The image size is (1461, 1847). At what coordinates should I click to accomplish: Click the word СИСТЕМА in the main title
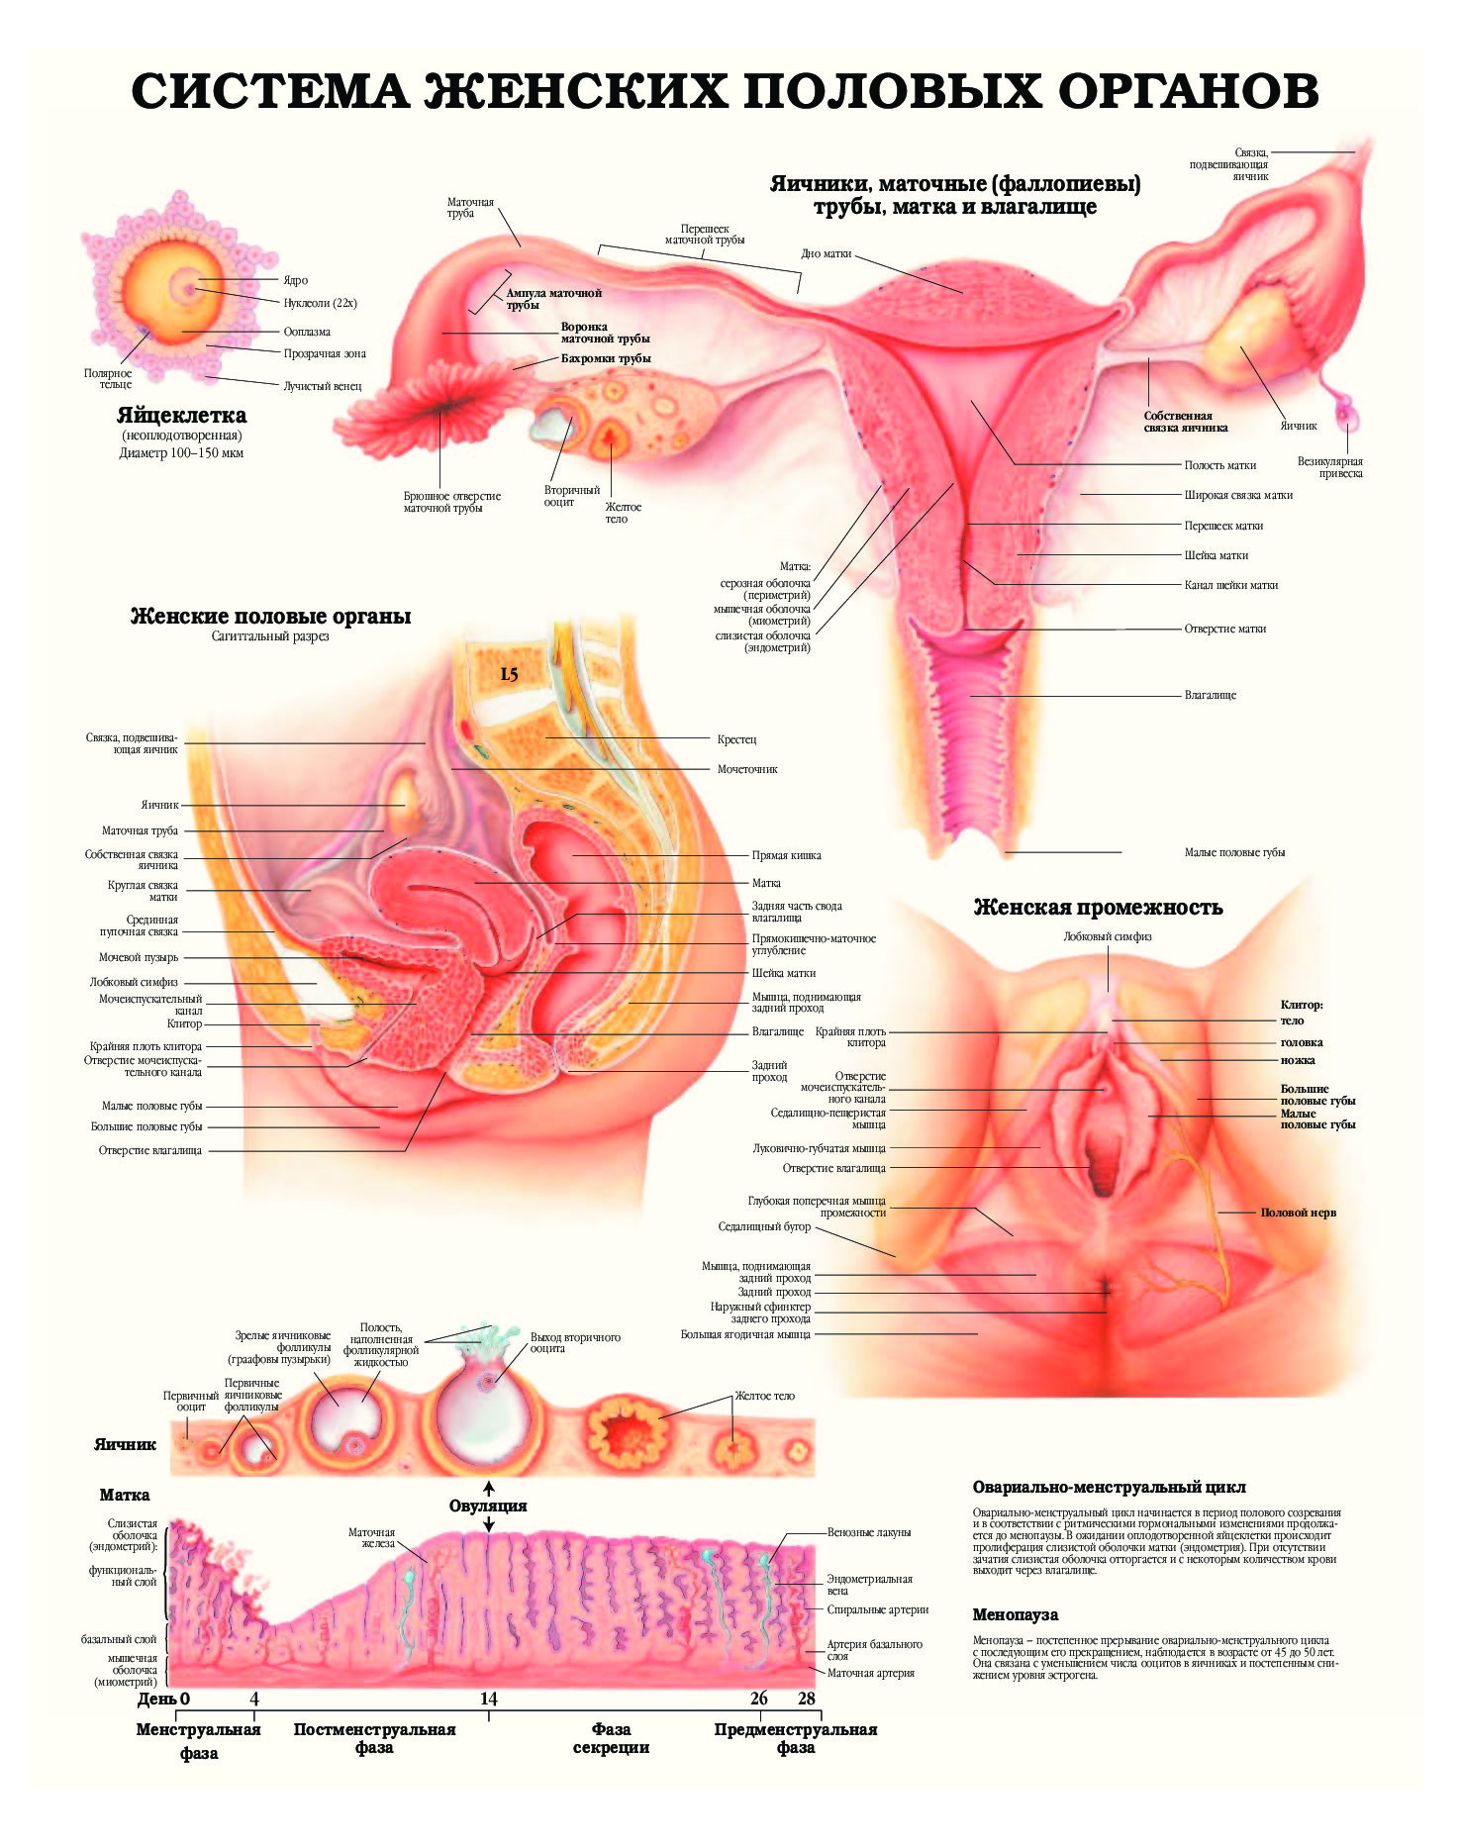point(269,91)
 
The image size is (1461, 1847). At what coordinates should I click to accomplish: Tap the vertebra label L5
point(509,674)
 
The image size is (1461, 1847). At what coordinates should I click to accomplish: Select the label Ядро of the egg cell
point(296,280)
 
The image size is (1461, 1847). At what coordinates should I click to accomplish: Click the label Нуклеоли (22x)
point(321,303)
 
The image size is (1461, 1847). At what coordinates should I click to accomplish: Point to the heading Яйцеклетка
point(182,415)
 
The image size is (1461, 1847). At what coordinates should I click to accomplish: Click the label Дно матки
point(827,254)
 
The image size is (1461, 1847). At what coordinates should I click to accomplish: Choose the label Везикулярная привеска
point(1330,467)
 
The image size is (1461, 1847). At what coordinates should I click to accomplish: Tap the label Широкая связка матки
point(1238,495)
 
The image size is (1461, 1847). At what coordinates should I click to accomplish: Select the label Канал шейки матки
point(1231,585)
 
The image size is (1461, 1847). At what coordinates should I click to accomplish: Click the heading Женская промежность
point(1099,908)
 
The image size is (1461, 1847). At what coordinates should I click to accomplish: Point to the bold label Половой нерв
point(1298,1213)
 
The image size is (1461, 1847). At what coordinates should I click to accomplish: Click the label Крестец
point(736,739)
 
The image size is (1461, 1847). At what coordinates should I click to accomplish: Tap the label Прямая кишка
point(786,855)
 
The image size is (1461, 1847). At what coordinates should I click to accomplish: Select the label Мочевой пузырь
point(139,957)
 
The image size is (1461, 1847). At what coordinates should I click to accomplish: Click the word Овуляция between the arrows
point(488,1506)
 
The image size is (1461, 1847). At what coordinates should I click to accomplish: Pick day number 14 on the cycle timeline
point(489,1699)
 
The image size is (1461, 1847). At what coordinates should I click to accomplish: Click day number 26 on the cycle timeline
point(759,1699)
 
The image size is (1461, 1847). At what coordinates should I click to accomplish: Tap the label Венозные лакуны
point(869,1532)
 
